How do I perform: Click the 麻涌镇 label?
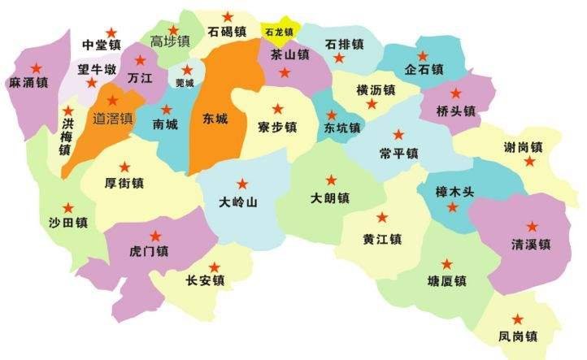coord(28,83)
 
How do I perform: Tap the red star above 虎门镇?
coord(155,236)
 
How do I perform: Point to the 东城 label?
coord(215,118)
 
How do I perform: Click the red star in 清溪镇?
coord(533,226)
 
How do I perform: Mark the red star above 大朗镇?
coord(331,180)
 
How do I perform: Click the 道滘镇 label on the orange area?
coord(113,118)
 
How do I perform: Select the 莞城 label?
coord(185,83)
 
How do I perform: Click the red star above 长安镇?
coord(214,267)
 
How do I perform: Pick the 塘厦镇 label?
coord(446,281)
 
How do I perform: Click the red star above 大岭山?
coord(241,184)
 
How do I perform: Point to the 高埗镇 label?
coord(170,41)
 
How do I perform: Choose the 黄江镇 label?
coord(382,238)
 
